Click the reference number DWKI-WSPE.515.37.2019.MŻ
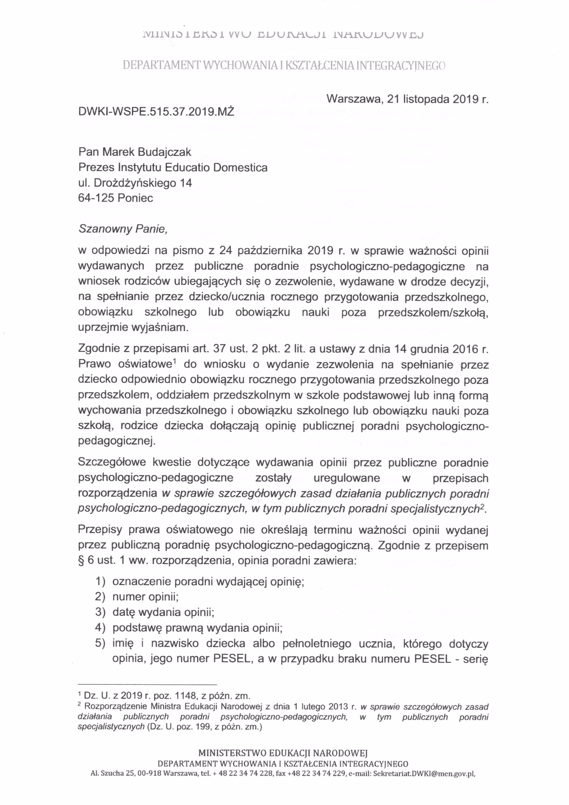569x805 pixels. pyautogui.click(x=156, y=112)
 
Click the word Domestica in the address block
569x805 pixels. pyautogui.click(x=240, y=167)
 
